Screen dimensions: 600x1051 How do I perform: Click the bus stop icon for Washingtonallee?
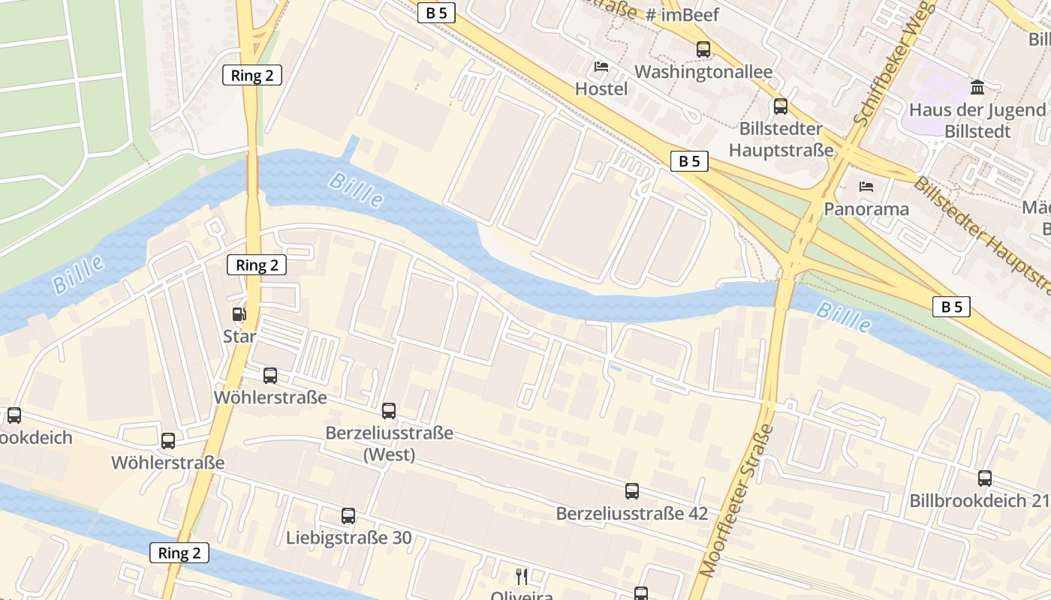tap(703, 49)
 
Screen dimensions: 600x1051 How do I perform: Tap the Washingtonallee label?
tap(703, 72)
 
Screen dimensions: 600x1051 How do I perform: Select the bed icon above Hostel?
tap(601, 67)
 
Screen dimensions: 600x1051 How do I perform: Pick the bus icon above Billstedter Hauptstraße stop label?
tap(781, 106)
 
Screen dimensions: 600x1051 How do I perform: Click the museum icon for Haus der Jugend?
tap(977, 88)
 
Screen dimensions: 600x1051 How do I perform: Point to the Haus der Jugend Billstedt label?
tap(977, 121)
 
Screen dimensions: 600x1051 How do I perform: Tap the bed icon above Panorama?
tap(866, 186)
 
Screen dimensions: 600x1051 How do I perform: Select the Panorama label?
tap(866, 208)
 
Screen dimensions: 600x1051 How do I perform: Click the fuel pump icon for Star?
tap(239, 314)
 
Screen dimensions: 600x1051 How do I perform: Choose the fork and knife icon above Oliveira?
tap(522, 576)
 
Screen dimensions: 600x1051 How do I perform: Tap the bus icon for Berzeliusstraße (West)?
tap(389, 411)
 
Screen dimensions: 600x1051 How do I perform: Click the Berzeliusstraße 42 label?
tap(631, 514)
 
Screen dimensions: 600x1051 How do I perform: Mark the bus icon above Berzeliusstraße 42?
tap(632, 491)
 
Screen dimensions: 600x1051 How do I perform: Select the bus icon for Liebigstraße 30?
tap(348, 516)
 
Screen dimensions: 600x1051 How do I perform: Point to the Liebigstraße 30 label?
tap(348, 538)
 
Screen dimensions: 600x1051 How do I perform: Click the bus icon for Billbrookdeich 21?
tap(985, 478)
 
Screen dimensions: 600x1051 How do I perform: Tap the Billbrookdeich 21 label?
tap(979, 500)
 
